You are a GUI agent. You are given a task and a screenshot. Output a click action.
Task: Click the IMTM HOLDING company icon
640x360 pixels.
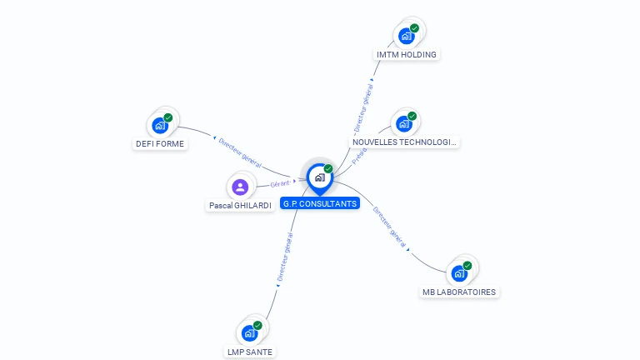tap(407, 36)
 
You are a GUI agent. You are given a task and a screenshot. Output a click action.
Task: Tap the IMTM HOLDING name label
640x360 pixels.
tap(407, 55)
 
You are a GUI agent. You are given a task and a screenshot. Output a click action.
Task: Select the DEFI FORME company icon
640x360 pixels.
tap(160, 125)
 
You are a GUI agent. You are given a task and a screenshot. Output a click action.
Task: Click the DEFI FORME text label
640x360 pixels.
tap(160, 143)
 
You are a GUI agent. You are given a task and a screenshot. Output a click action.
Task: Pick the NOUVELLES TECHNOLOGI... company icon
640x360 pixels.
tap(404, 123)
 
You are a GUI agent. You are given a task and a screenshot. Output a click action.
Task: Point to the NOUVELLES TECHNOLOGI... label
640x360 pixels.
tap(404, 142)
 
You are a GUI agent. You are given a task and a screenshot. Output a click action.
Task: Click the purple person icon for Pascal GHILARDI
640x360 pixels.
tap(240, 187)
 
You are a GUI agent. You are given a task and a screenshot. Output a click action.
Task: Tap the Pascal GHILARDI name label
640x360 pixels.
tap(240, 205)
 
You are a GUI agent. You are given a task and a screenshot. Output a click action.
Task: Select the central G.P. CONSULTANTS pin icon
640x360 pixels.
tap(319, 177)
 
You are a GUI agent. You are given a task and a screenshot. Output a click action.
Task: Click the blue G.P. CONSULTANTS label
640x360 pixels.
tap(320, 203)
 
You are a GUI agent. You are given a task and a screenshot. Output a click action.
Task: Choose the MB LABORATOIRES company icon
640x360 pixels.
tap(459, 272)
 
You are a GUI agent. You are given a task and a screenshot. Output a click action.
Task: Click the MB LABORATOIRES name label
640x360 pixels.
tap(459, 292)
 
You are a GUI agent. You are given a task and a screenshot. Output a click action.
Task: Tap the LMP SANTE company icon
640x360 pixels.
tap(249, 332)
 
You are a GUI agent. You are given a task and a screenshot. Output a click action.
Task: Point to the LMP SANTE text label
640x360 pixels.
tap(249, 352)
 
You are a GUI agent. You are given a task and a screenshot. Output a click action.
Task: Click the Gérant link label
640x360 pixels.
tap(279, 183)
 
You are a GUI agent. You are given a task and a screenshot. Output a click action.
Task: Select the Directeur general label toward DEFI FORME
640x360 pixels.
tap(239, 152)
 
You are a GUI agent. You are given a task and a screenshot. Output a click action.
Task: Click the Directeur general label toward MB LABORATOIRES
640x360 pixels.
tap(389, 227)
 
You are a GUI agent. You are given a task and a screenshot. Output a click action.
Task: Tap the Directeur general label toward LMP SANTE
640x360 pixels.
tap(284, 257)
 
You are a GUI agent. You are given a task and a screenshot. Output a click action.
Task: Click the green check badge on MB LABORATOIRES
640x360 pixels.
tap(467, 265)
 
